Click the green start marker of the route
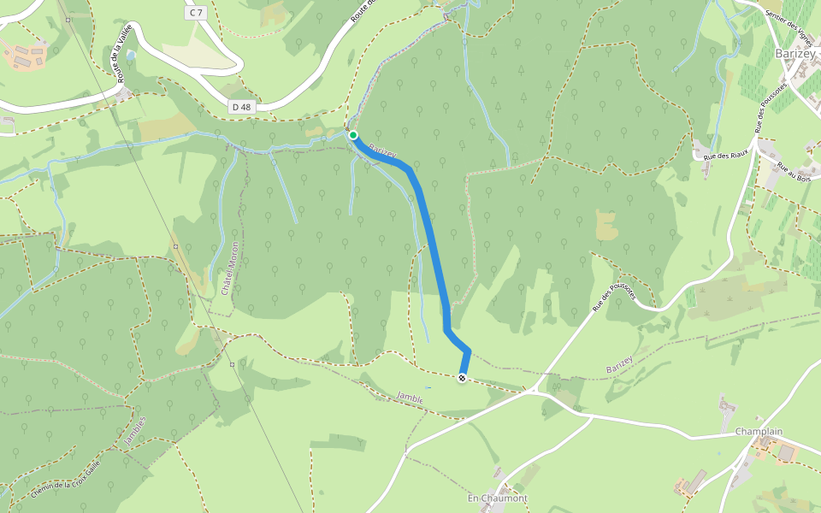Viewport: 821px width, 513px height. (x=352, y=135)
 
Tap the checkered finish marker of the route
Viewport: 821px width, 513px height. (x=463, y=378)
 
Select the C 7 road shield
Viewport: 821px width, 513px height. (x=198, y=13)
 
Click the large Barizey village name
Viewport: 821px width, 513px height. (x=795, y=53)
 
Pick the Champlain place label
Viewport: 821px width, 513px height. (x=759, y=433)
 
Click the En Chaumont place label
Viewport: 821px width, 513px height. (x=497, y=498)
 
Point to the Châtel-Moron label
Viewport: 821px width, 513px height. (x=228, y=268)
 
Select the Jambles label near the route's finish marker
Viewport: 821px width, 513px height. (x=411, y=398)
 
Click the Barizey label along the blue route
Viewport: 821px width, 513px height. (x=381, y=150)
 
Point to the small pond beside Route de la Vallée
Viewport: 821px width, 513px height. (x=130, y=55)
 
